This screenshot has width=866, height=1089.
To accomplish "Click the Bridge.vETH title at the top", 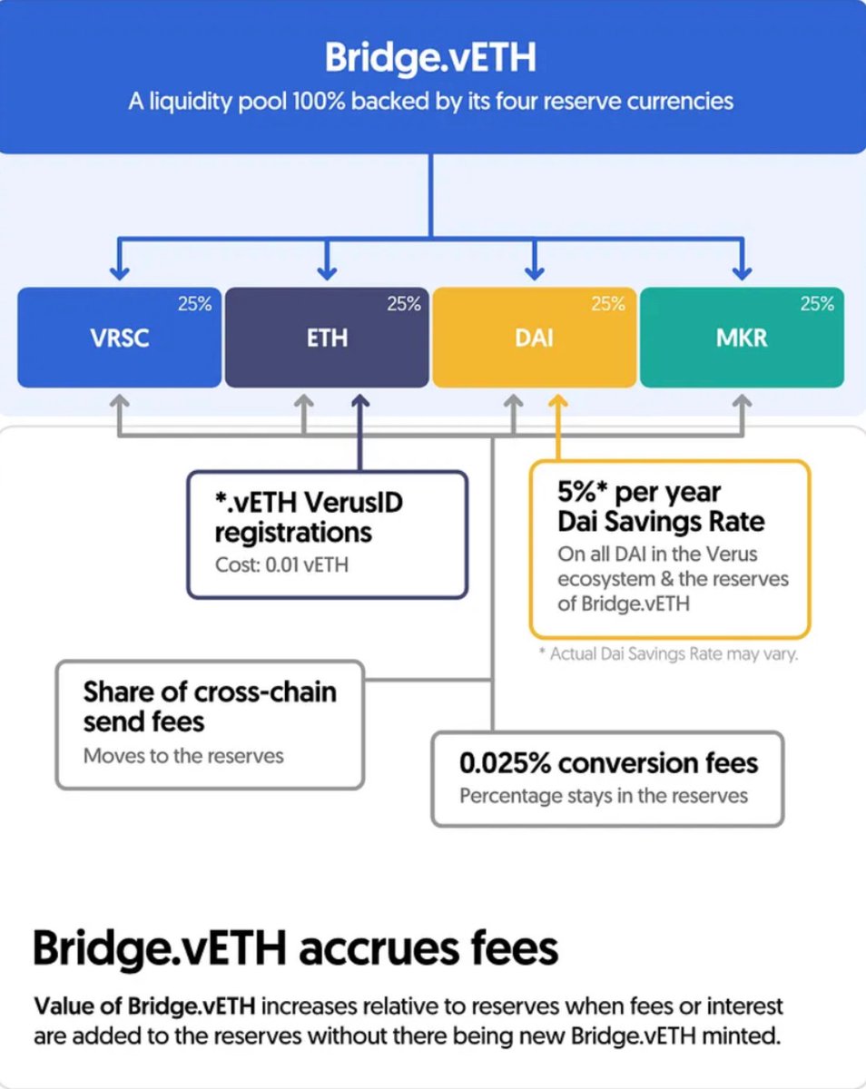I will tap(431, 58).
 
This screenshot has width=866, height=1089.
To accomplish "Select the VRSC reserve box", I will tap(119, 338).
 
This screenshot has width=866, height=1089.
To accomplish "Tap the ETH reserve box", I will tap(326, 338).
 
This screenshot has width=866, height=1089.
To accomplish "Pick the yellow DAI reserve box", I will tap(534, 338).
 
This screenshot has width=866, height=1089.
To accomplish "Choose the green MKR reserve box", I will tap(742, 338).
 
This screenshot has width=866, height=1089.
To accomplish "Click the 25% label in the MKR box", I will tap(816, 305).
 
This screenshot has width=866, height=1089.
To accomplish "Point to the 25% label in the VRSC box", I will tap(194, 305).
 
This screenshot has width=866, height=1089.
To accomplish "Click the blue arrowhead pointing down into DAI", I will tap(535, 271).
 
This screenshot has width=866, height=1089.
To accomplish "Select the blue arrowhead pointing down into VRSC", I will tap(119, 271).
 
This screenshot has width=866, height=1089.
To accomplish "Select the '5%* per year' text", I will tap(639, 494).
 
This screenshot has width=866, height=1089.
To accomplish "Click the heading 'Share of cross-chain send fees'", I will tap(210, 706).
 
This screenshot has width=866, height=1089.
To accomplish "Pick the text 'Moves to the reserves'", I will tap(183, 755).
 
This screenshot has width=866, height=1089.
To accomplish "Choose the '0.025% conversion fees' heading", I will tap(608, 763).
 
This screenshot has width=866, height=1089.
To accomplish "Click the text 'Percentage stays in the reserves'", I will tap(604, 796).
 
